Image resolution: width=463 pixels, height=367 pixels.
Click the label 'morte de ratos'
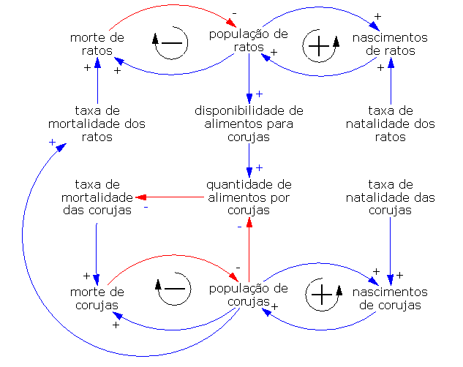tap(97, 44)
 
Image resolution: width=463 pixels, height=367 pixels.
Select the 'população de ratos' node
tap(249, 40)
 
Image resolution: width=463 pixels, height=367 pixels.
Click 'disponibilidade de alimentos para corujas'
tap(249, 123)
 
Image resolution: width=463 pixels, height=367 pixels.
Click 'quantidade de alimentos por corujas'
tap(249, 197)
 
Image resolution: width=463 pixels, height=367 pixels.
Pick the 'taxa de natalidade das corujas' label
tap(390, 197)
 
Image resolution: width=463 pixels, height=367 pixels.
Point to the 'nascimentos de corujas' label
tap(390, 298)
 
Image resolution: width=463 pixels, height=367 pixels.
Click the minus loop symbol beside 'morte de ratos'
tap(170, 44)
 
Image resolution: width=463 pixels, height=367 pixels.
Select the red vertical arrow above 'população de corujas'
tap(249, 249)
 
